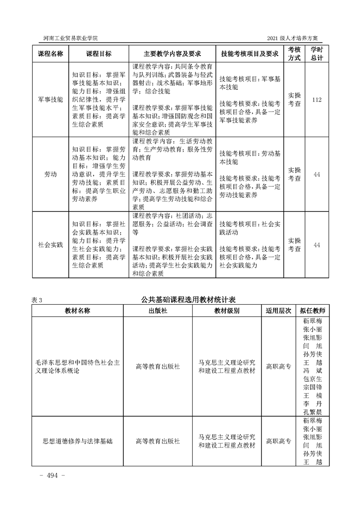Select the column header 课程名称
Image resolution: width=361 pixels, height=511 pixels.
pyautogui.click(x=50, y=53)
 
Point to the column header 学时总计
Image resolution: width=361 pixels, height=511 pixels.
pyautogui.click(x=317, y=53)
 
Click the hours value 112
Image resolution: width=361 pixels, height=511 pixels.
pyautogui.click(x=317, y=99)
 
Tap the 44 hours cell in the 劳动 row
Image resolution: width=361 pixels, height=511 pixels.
pyautogui.click(x=317, y=174)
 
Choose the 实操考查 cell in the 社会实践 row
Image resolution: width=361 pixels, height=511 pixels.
pyautogui.click(x=295, y=245)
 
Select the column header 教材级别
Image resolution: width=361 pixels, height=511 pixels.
pyautogui.click(x=227, y=311)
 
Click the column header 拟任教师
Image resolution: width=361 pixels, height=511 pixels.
pyautogui.click(x=312, y=311)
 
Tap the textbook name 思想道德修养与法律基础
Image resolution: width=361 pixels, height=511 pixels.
pyautogui.click(x=77, y=441)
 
